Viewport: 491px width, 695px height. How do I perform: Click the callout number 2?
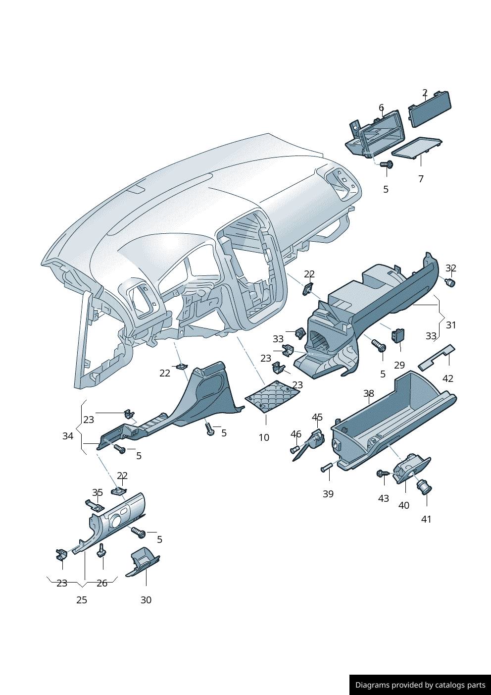point(425,93)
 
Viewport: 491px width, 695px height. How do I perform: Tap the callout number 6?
point(381,107)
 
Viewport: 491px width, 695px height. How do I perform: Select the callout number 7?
point(421,179)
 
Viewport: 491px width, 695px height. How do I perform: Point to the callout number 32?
point(450,268)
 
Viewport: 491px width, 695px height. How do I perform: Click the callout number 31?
point(451,325)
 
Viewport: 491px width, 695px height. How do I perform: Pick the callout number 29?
point(399,365)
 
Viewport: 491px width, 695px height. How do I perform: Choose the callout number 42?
point(447,378)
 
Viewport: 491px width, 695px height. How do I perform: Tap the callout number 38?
point(369,393)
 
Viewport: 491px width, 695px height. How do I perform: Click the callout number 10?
point(264,437)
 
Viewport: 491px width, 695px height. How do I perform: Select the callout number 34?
point(68,436)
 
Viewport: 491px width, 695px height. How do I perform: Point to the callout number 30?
point(146,600)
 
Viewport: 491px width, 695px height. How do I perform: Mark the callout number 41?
point(426,519)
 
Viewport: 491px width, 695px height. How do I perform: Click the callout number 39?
point(328,494)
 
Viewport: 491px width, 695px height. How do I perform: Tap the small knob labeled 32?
point(450,283)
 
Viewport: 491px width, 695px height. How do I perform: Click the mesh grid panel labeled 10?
point(273,396)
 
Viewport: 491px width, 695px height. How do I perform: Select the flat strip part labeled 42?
point(436,358)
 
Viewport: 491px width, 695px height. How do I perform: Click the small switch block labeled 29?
point(398,335)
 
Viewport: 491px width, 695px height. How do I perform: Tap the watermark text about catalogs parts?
point(420,685)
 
